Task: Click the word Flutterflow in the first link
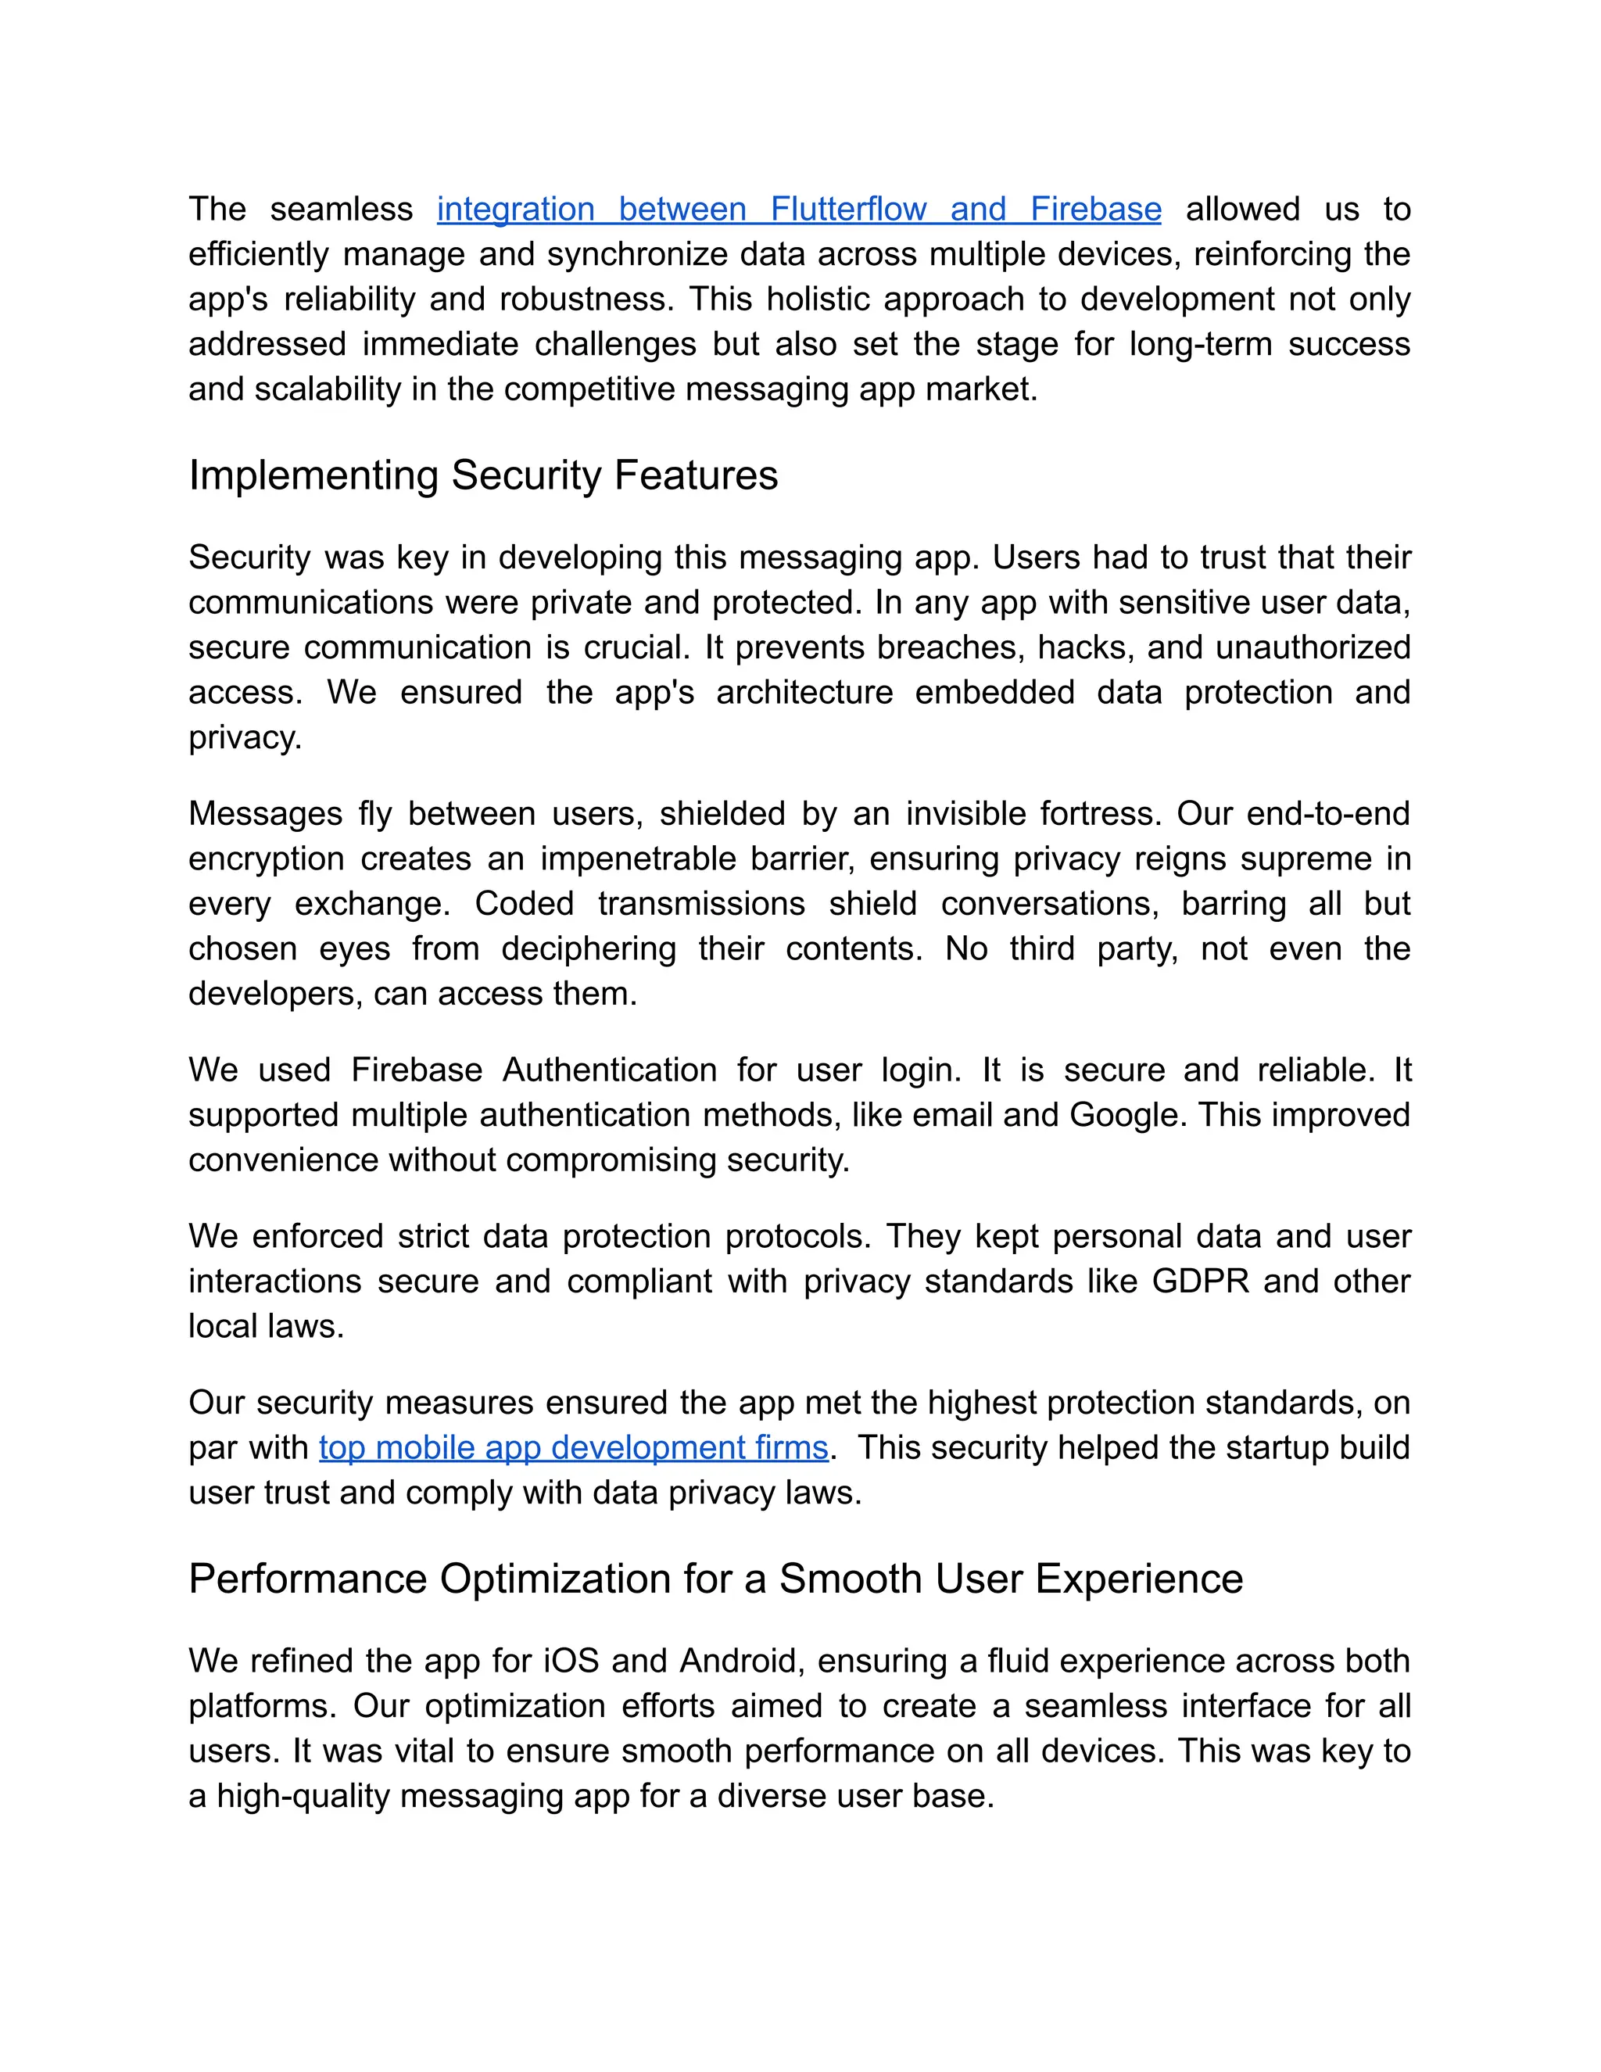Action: pyautogui.click(x=848, y=209)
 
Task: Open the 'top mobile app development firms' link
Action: pyautogui.click(x=574, y=1448)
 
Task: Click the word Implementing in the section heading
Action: pyautogui.click(x=313, y=475)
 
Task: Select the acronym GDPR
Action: pyautogui.click(x=1201, y=1282)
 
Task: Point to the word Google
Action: pyautogui.click(x=1128, y=1115)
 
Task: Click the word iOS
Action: pyautogui.click(x=571, y=1662)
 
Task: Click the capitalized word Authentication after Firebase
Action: pyautogui.click(x=609, y=1070)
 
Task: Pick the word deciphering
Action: pyautogui.click(x=588, y=948)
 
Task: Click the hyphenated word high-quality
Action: pyautogui.click(x=303, y=1796)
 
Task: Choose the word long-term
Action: pyautogui.click(x=1201, y=343)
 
